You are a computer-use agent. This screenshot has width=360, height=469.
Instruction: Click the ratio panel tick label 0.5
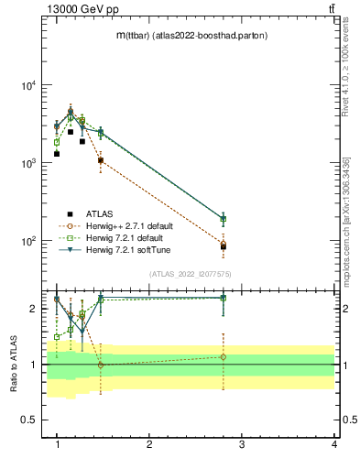pos(29,420)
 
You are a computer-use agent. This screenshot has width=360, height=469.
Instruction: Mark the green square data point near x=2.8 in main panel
pos(223,219)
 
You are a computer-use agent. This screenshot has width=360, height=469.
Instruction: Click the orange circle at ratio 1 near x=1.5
pos(101,365)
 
